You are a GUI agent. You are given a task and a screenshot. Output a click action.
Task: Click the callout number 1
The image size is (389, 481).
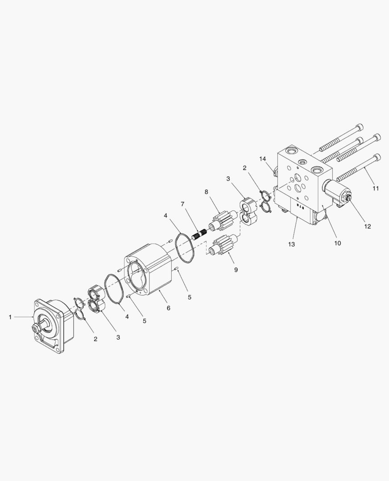click(x=10, y=317)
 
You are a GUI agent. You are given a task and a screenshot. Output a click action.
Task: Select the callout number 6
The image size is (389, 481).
click(x=168, y=308)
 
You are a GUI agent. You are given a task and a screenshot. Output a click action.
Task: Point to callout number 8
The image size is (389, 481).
click(x=206, y=192)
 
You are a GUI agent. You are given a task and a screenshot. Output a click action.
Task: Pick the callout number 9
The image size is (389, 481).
click(x=236, y=269)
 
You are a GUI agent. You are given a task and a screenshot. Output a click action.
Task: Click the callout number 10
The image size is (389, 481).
click(x=337, y=243)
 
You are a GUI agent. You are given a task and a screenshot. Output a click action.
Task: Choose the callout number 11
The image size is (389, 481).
click(x=376, y=188)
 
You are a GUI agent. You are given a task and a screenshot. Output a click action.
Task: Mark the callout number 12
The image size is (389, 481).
click(x=368, y=226)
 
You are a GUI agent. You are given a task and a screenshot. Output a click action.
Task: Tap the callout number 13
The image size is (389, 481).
click(x=291, y=244)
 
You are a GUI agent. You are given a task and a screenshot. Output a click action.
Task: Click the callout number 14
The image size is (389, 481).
click(x=262, y=159)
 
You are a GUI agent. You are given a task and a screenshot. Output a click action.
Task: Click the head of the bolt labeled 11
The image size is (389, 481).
click(x=377, y=158)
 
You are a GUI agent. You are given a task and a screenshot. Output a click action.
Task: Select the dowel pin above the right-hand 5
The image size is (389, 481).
click(x=177, y=269)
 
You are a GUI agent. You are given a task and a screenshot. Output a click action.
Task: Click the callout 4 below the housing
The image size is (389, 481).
click(x=127, y=316)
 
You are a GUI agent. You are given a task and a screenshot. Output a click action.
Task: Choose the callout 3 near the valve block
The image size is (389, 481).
click(x=228, y=179)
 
